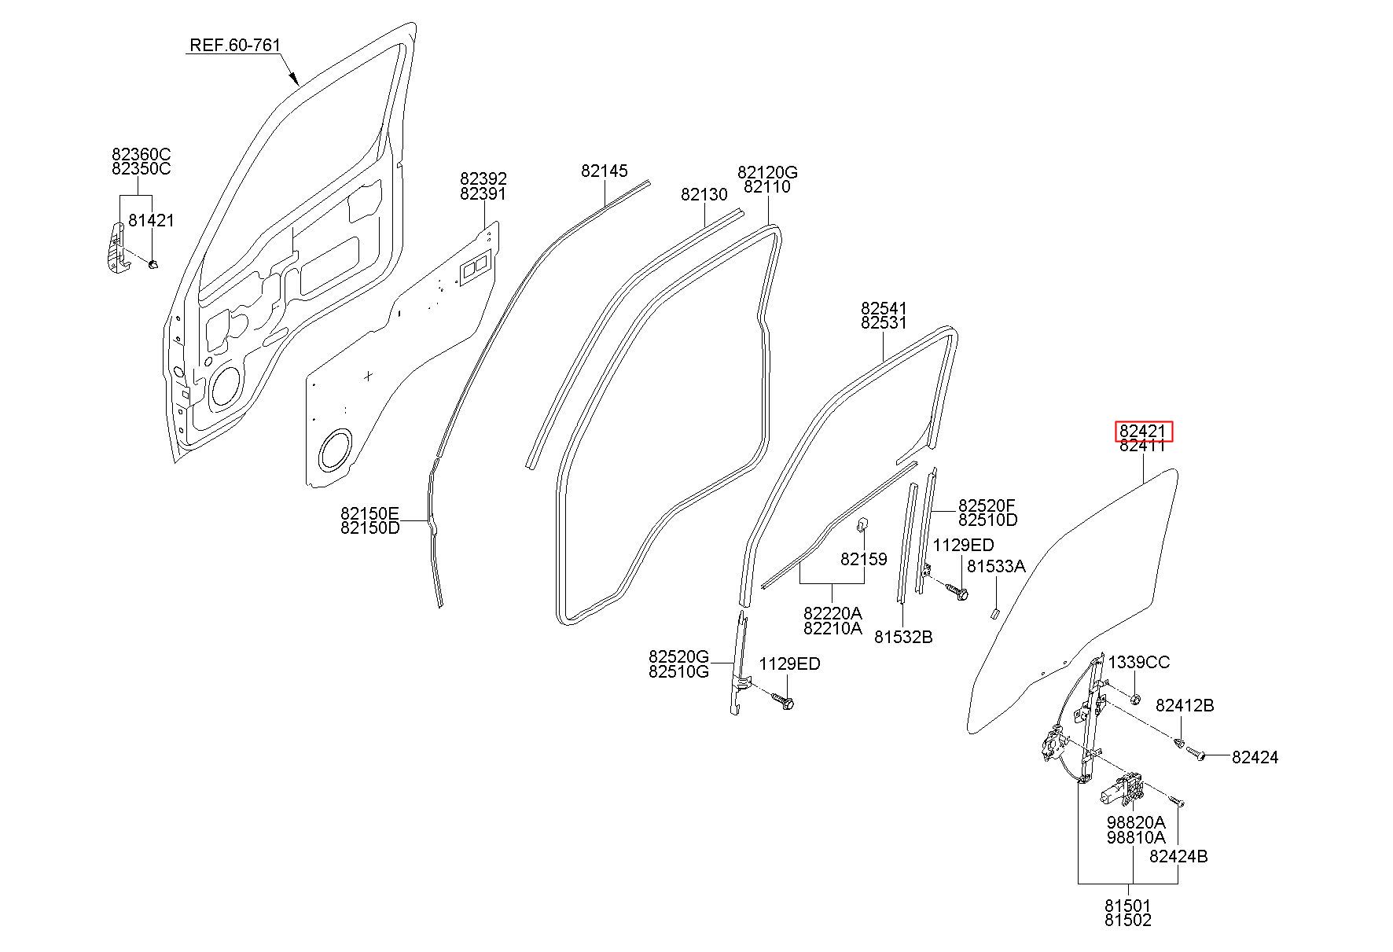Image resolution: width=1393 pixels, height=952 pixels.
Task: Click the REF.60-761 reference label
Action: pos(235,46)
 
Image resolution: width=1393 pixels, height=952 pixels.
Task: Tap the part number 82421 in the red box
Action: pos(1143,431)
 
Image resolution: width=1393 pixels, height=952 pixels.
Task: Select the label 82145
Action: pos(605,171)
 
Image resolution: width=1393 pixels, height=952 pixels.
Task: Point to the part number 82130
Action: pos(704,194)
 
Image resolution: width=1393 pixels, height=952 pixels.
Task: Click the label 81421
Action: pos(151,221)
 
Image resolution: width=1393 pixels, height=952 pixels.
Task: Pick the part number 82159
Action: pos(863,559)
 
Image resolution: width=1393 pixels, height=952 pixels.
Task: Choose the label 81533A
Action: pos(996,566)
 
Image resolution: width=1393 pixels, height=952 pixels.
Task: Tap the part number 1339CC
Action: pos(1139,663)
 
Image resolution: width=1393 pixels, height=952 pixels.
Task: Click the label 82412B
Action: pos(1185,706)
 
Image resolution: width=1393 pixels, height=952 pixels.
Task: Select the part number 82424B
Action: pos(1178,857)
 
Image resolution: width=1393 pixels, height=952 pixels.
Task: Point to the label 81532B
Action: pos(903,637)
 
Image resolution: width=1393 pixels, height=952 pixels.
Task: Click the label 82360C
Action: pos(142,153)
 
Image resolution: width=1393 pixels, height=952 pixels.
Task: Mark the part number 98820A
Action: pos(1136,822)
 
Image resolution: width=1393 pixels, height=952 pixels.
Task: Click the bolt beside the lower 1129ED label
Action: pos(782,699)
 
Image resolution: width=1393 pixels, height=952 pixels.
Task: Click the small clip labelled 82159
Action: pos(861,523)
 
